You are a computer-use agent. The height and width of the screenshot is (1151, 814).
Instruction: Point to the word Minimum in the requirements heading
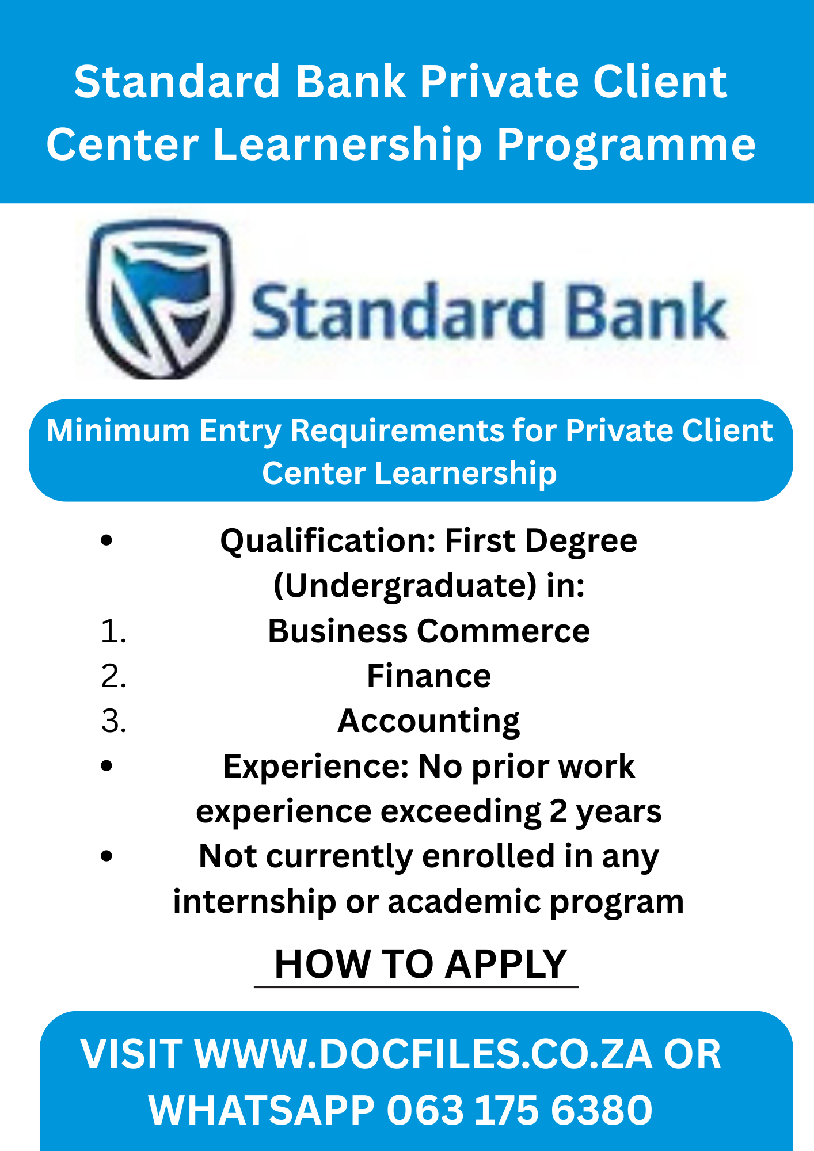coord(118,430)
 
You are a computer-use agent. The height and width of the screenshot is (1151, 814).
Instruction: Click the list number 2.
coord(113,676)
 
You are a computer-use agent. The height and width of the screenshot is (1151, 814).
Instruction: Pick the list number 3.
coord(113,721)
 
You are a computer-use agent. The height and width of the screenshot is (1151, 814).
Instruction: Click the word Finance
coord(429,676)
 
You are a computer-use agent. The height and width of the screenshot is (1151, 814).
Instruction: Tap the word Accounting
coord(429,721)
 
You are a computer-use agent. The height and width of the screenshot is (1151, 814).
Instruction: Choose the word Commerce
coord(503,631)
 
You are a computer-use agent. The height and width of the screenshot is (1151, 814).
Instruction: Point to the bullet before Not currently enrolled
coord(106,856)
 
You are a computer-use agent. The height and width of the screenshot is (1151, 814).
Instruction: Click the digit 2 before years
coord(558,811)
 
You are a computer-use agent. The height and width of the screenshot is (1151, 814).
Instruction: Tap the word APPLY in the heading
coord(506,964)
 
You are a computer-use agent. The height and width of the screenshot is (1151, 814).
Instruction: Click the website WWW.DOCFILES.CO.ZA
coord(424,1054)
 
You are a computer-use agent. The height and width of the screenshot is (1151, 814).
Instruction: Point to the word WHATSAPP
coord(261,1110)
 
